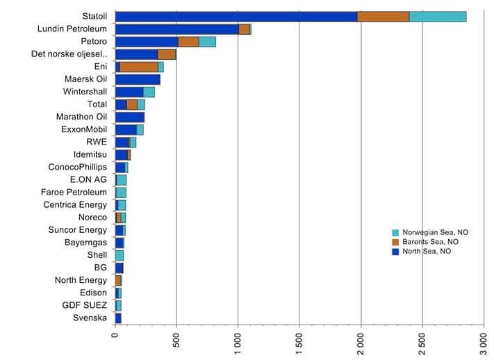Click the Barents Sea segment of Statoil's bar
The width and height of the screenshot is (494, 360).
click(x=383, y=17)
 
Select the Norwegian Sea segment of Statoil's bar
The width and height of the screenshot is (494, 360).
click(x=438, y=17)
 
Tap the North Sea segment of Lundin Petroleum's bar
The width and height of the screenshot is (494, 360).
click(x=176, y=29)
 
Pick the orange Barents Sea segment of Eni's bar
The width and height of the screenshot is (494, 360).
click(x=139, y=67)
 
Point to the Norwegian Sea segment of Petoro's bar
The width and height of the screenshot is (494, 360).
click(x=207, y=42)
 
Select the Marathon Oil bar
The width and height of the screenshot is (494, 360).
click(x=130, y=117)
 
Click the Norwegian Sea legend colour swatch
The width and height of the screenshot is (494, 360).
click(x=395, y=232)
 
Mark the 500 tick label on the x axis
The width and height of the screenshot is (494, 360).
click(x=176, y=343)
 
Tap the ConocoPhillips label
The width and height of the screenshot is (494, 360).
click(x=78, y=167)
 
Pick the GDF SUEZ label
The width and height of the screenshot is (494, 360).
click(x=85, y=304)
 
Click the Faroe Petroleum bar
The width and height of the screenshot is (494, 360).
click(x=121, y=192)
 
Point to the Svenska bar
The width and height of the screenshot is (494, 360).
click(x=118, y=318)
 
